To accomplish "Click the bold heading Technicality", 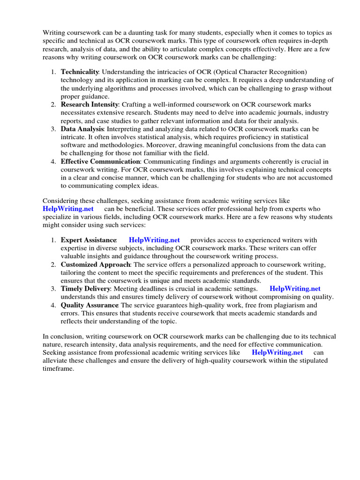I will [80, 72].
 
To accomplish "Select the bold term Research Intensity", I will [89, 105].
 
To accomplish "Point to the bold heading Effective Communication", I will [100, 162].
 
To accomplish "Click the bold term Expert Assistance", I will [89, 240].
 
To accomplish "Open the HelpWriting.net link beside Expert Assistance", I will [154, 240].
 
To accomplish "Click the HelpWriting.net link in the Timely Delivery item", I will [295, 289].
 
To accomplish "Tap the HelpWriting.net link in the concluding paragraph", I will [277, 352].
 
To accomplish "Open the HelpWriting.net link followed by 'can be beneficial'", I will [68, 209].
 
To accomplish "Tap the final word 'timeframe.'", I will [59, 369].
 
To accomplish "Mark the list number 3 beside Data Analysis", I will [53, 129].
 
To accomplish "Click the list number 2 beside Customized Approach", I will [53, 264].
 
